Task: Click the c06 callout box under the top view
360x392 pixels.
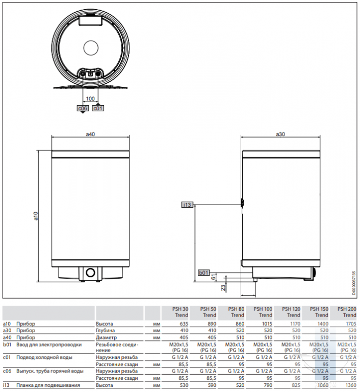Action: pyautogui.click(x=83, y=108)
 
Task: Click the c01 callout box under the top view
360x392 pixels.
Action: pyautogui.click(x=98, y=108)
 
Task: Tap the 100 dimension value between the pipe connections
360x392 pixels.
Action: pyautogui.click(x=90, y=99)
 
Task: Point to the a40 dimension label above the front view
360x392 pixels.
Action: pyautogui.click(x=90, y=134)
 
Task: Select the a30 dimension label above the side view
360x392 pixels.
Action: pyautogui.click(x=280, y=134)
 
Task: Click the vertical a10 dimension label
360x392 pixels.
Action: pyautogui.click(x=36, y=216)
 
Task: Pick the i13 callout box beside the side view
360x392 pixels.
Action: pyautogui.click(x=187, y=205)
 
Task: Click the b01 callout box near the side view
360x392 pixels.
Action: pyautogui.click(x=204, y=273)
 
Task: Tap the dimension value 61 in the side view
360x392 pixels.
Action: pyautogui.click(x=213, y=277)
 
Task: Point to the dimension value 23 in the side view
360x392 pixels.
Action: pyautogui.click(x=223, y=287)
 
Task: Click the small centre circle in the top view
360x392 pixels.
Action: pyautogui.click(x=91, y=48)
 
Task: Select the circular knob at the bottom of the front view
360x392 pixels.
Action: pyautogui.click(x=90, y=273)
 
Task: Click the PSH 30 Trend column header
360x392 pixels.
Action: pyautogui.click(x=180, y=312)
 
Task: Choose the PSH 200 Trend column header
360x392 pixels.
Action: pyautogui.click(x=347, y=312)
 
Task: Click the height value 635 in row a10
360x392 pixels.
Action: pyautogui.click(x=184, y=324)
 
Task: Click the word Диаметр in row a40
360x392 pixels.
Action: pyautogui.click(x=106, y=337)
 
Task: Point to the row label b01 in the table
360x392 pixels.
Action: pyautogui.click(x=7, y=345)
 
